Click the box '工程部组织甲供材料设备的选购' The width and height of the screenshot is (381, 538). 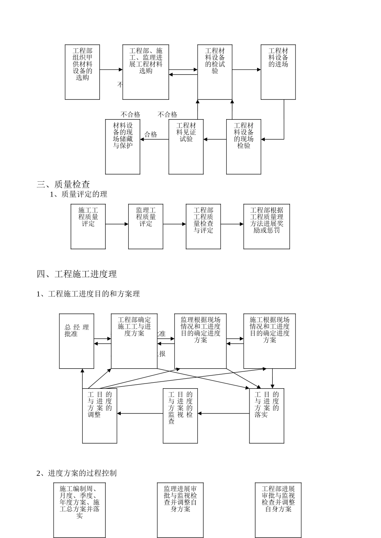click(x=82, y=72)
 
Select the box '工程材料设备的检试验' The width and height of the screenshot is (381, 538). click(x=215, y=72)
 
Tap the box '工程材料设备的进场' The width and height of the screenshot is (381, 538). click(x=278, y=72)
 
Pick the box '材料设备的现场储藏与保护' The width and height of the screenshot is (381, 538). click(x=123, y=147)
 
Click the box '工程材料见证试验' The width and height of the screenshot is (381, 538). click(x=186, y=147)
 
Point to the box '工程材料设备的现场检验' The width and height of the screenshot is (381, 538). click(x=243, y=147)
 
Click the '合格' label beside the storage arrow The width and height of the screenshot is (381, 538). click(x=151, y=134)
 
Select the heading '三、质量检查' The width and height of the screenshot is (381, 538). click(x=63, y=184)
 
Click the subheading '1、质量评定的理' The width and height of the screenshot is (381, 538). click(x=78, y=194)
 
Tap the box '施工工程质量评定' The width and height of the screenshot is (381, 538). click(x=88, y=226)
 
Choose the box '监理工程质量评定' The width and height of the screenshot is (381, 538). click(x=146, y=226)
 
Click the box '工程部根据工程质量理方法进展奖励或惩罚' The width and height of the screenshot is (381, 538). click(x=266, y=226)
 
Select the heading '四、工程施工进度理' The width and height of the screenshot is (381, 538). click(x=77, y=274)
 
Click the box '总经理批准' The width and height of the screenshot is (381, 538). click(x=77, y=341)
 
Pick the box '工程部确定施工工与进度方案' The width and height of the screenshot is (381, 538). click(x=134, y=341)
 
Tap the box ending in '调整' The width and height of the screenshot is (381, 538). click(x=99, y=416)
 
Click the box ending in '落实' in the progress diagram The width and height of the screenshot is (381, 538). click(x=267, y=416)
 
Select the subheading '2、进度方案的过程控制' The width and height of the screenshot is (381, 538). click(x=77, y=473)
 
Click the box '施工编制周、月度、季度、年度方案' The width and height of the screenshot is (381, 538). click(x=79, y=510)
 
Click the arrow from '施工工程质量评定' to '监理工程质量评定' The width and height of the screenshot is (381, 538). click(x=117, y=224)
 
